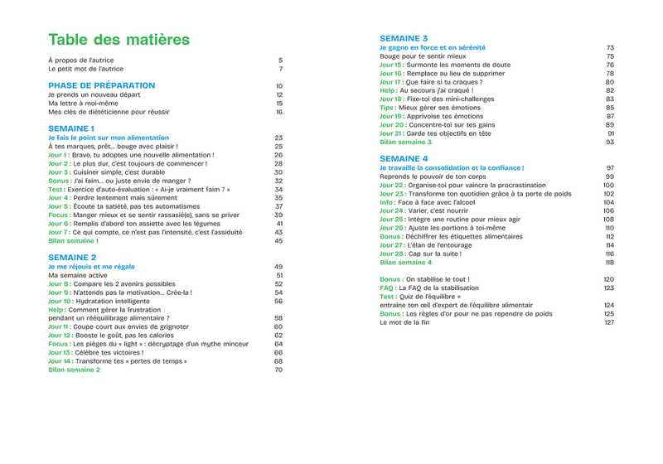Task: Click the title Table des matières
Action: [119, 40]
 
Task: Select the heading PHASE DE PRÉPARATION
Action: [102, 85]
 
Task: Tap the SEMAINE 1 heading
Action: [71, 128]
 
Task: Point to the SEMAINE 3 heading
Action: [404, 38]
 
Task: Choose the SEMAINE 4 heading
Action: [404, 158]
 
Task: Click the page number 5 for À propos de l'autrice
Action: [280, 60]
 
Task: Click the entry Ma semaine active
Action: [78, 275]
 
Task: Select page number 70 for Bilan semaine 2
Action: [278, 370]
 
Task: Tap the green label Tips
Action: [386, 108]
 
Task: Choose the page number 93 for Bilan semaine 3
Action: [610, 142]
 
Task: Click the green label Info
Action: [387, 202]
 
